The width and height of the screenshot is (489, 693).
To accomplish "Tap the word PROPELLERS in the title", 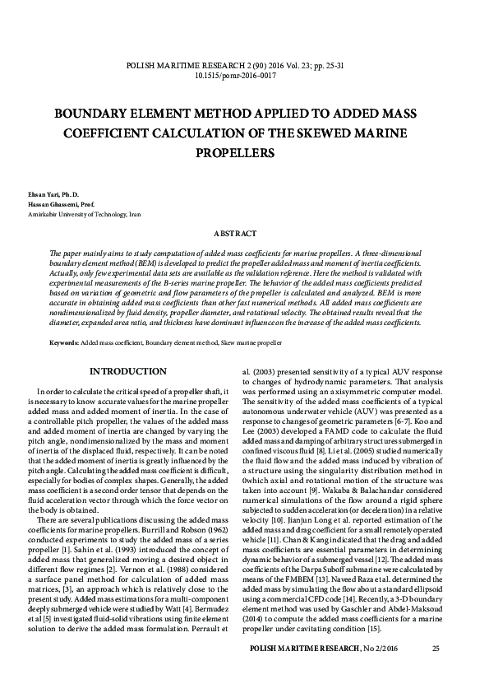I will (x=244, y=152).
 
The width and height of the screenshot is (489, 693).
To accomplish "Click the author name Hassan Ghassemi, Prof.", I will (x=54, y=203).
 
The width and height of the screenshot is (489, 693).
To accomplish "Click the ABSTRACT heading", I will (x=244, y=235).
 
